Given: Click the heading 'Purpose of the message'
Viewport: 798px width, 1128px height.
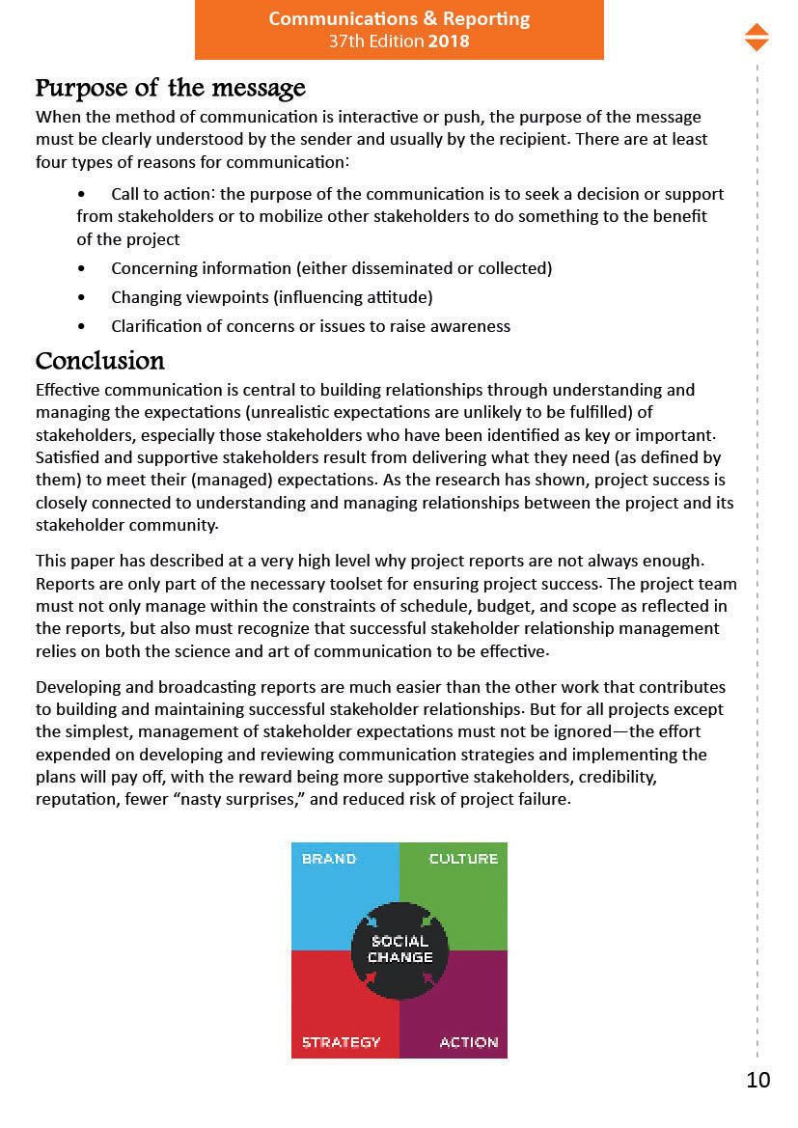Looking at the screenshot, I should coord(170,89).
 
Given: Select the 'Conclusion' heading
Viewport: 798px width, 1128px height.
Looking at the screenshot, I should coord(99,362).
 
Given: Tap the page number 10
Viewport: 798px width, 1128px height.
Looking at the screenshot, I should coord(758,1080).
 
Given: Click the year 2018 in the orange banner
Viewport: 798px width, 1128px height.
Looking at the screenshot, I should coord(450,41).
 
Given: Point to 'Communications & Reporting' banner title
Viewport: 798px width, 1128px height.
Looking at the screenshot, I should coord(399,19).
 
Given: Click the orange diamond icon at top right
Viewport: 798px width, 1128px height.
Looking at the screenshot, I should coord(757,37).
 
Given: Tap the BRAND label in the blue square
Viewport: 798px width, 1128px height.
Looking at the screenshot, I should coord(329,859).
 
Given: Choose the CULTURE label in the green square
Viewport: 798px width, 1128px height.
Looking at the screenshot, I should coord(463,859).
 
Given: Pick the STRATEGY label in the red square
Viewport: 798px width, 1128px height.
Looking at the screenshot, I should coord(341,1042).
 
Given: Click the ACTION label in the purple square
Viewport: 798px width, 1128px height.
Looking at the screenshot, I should coord(469,1042).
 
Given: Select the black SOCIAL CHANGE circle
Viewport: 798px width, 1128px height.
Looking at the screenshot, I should coord(399,949).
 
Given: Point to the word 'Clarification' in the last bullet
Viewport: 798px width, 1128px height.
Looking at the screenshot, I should coord(156,326).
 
